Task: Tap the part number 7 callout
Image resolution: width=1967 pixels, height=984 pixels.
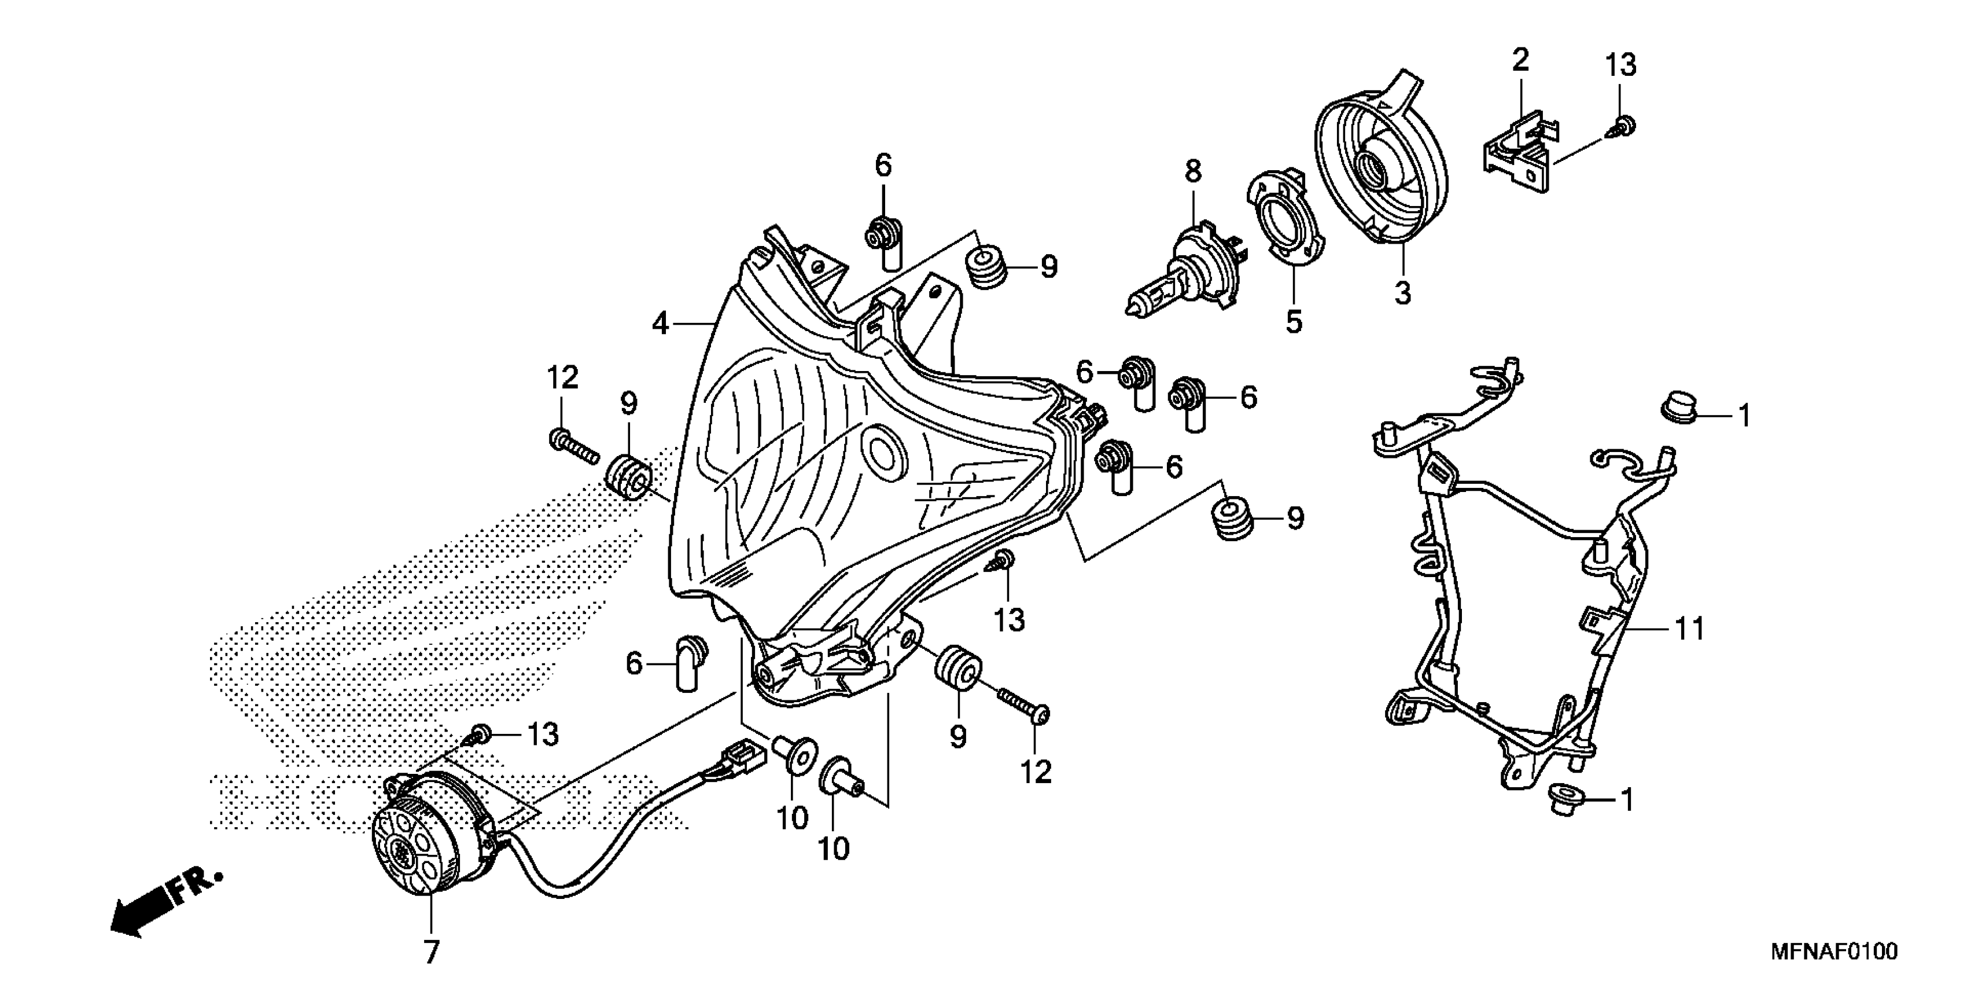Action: tap(432, 952)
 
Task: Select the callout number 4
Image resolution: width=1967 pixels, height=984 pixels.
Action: tap(661, 325)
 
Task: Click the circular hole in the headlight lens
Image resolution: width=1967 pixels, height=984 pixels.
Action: tap(884, 452)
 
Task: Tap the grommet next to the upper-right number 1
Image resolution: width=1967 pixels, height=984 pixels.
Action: tap(1678, 407)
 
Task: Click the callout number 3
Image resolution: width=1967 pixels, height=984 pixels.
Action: tap(1404, 293)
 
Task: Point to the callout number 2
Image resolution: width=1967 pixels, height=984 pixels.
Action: tap(1521, 60)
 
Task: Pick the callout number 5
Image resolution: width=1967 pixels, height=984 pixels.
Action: tap(1294, 322)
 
